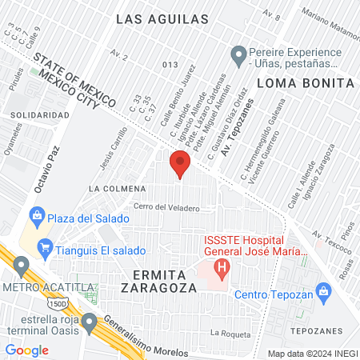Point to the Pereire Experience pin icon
tap(238, 56)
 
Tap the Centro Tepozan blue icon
tap(323, 290)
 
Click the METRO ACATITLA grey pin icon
tap(22, 265)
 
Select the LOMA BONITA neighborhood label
tap(306, 82)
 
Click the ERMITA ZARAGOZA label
tap(158, 280)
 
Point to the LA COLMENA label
tap(117, 189)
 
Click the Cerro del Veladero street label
tap(166, 208)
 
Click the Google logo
tap(26, 350)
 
